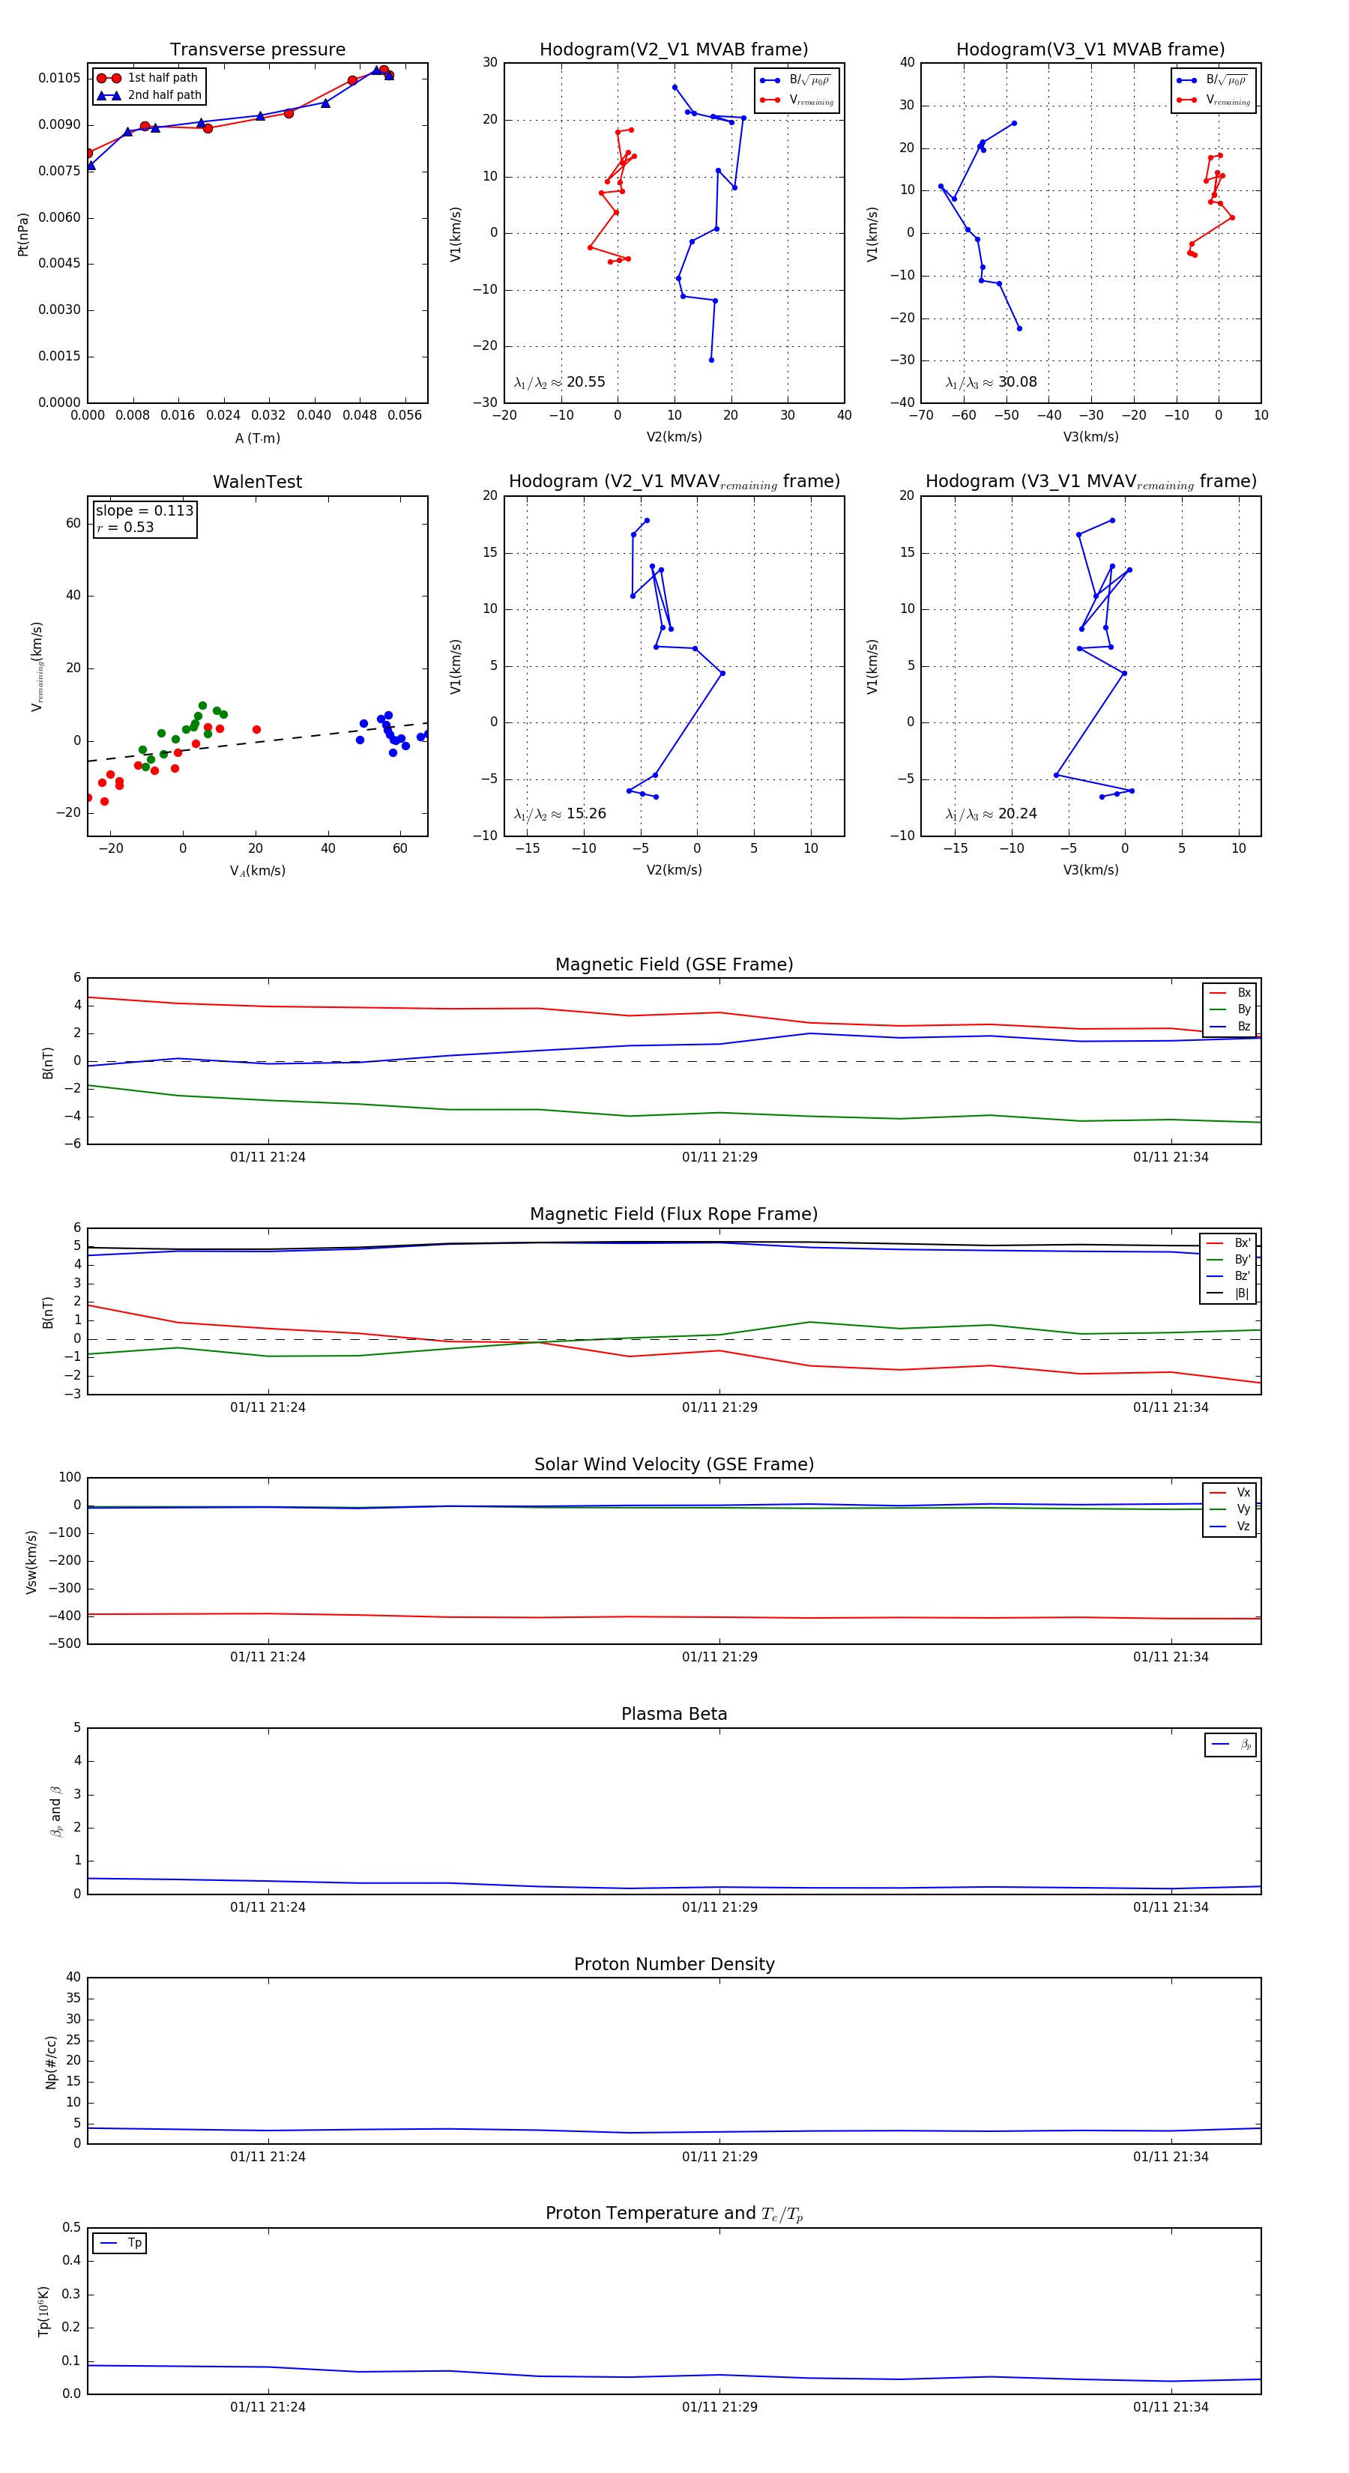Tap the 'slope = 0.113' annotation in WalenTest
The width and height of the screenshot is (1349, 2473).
[x=144, y=511]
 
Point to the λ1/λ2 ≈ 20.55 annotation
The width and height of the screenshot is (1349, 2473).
[x=560, y=382]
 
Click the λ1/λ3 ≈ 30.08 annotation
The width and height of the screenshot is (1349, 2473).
[x=991, y=382]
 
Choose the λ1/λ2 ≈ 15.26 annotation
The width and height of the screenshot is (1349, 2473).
[x=560, y=814]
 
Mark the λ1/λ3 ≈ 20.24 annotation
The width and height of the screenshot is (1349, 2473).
[x=991, y=814]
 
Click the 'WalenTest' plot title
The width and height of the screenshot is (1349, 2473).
[x=257, y=482]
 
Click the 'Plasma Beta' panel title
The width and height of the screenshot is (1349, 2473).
[x=674, y=1715]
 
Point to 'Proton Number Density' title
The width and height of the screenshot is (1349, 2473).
[x=674, y=1964]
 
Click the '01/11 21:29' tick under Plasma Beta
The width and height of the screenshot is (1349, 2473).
[x=719, y=1906]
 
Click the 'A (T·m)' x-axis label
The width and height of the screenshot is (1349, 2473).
[x=257, y=438]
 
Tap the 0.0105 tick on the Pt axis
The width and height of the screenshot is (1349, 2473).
[x=59, y=78]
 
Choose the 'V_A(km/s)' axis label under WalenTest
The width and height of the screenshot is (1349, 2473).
[x=257, y=871]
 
